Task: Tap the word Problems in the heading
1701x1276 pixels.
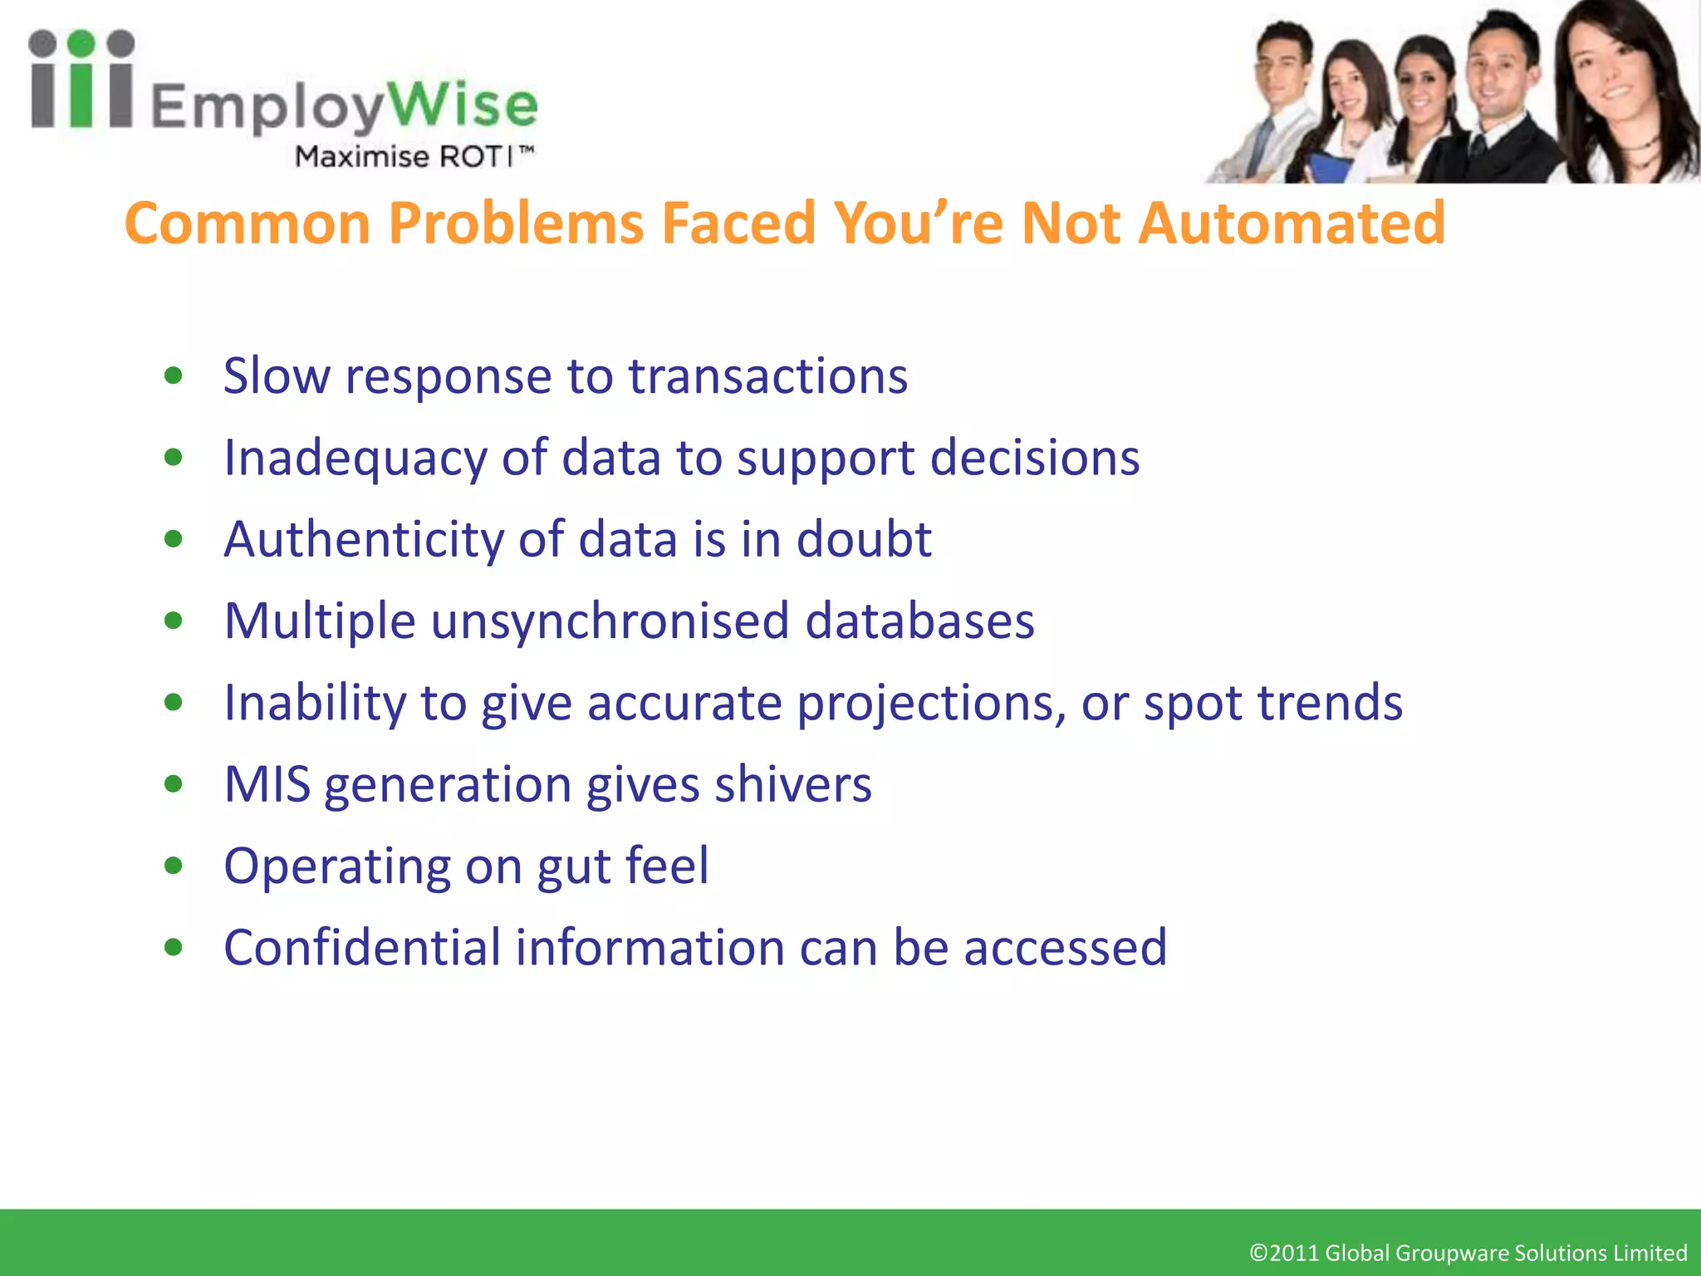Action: (516, 223)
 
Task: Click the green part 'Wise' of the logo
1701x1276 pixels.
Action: (463, 106)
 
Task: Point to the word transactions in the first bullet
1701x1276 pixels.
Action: (767, 376)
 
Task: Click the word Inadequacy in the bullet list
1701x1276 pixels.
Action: (355, 459)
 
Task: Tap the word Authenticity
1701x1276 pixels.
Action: (363, 540)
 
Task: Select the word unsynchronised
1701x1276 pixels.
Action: (610, 621)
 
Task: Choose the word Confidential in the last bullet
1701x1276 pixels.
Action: (361, 948)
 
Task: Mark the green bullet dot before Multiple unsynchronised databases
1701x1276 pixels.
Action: (174, 621)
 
